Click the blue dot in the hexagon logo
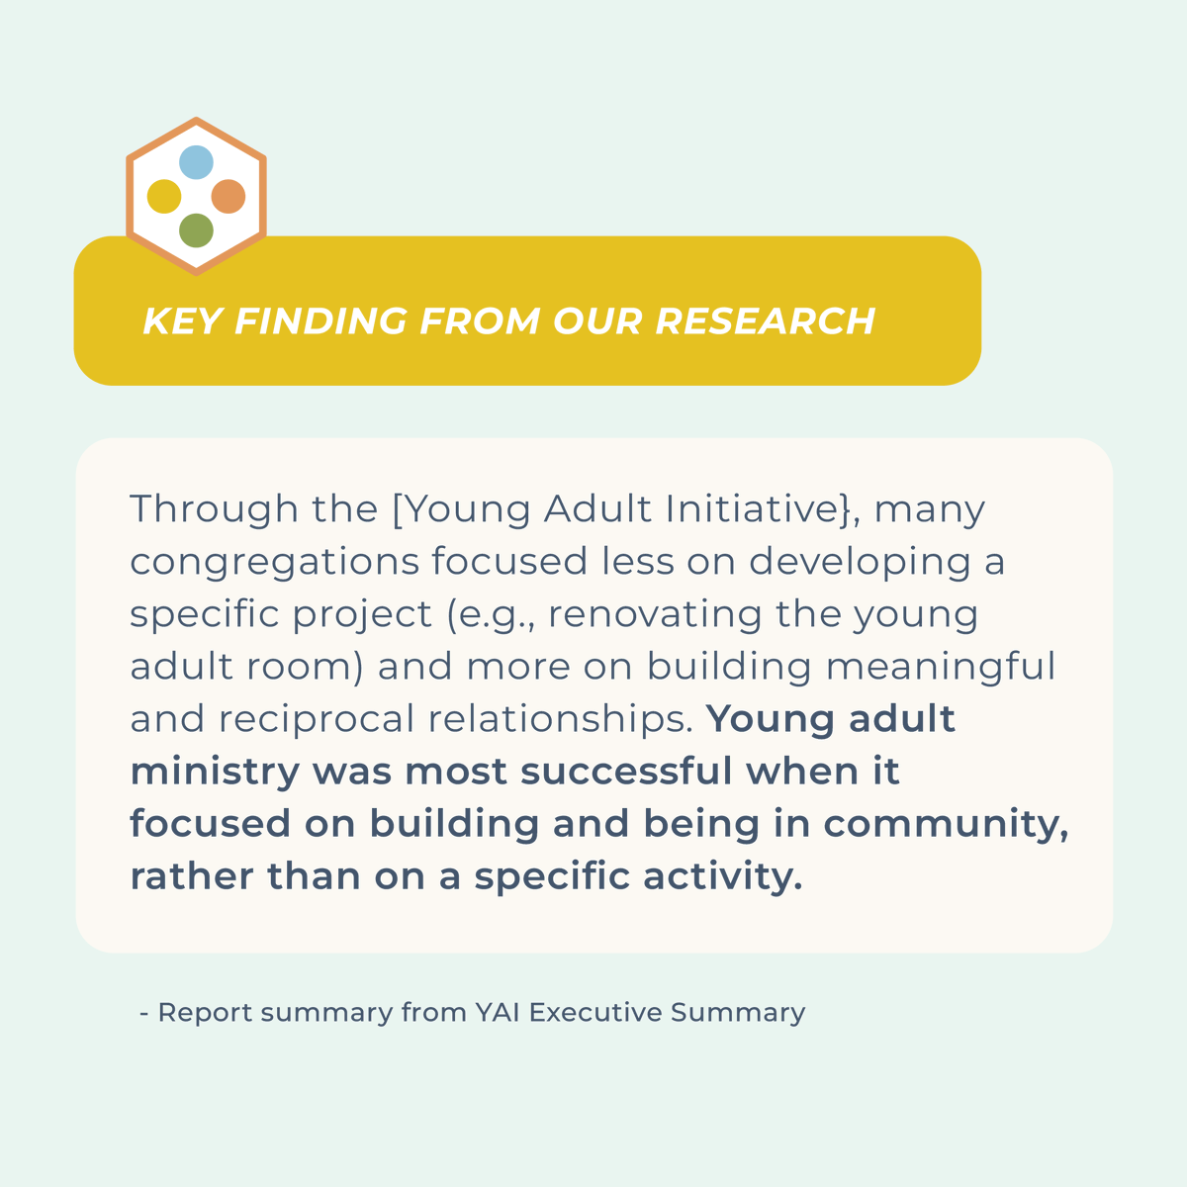(196, 162)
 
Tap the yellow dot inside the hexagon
(164, 196)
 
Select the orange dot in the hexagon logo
(228, 196)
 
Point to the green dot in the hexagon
(196, 230)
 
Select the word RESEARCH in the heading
(765, 321)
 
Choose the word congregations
(275, 563)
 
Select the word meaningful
(941, 667)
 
